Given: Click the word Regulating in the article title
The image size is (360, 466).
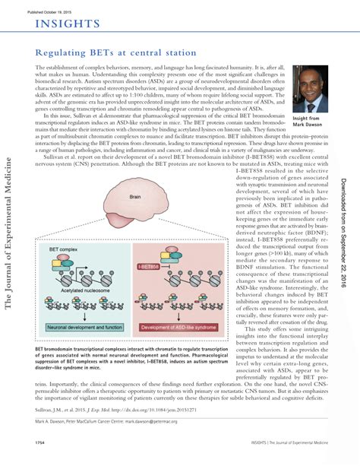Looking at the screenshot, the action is click(x=62, y=54).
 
